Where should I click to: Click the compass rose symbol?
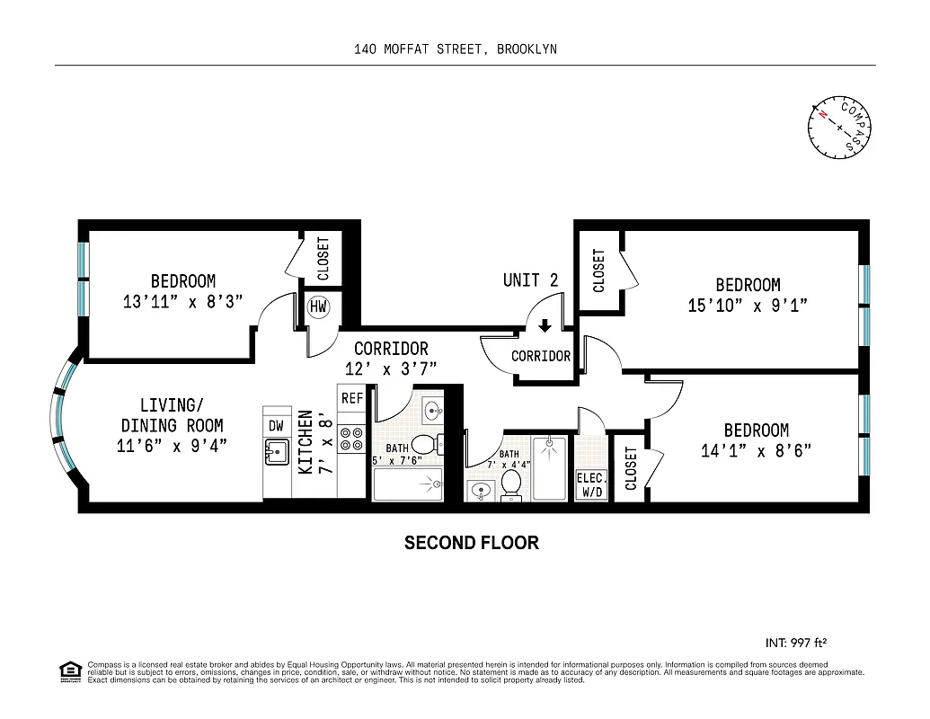coord(839,128)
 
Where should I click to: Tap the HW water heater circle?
coord(318,306)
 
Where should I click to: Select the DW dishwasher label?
coord(277,425)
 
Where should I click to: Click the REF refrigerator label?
coord(351,398)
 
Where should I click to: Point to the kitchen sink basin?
coord(276,448)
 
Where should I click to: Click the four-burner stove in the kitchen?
coord(351,438)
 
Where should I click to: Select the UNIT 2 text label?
coord(530,280)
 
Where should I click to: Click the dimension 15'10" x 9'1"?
coord(748,306)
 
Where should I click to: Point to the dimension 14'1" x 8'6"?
coord(756,451)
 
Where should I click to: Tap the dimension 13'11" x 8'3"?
coord(182,302)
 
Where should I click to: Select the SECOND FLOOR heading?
coord(471,543)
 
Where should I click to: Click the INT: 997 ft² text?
coord(795,643)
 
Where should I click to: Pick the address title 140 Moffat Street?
coord(456,49)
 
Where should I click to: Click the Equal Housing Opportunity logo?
coord(68,670)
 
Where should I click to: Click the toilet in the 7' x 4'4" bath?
coord(511,483)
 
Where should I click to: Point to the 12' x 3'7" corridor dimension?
coord(391,368)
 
